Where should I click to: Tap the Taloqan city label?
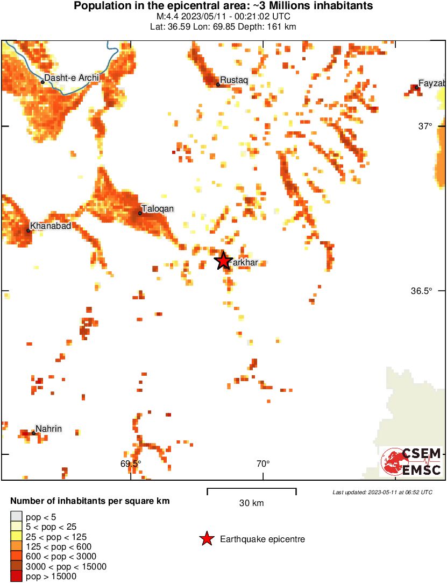pos(158,209)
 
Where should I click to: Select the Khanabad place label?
pos(51,226)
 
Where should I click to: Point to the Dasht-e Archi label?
pos(72,78)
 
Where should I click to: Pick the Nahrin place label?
pos(48,429)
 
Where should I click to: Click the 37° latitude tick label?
pos(425,127)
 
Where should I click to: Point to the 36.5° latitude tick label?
pos(422,291)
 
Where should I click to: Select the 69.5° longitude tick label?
pos(131,463)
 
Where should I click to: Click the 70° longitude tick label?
pos(262,463)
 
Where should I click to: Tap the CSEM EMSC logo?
pos(411,462)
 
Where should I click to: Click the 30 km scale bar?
pos(252,490)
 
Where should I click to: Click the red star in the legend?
pos(207,539)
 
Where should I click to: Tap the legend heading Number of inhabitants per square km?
pos(90,501)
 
